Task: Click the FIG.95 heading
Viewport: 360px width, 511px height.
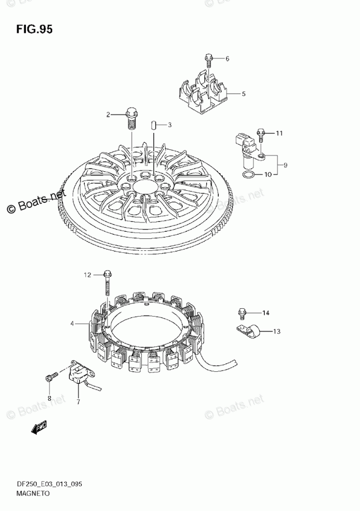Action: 34,29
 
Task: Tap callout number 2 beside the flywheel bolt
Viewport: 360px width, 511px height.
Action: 109,115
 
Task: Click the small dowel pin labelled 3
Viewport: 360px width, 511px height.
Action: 154,125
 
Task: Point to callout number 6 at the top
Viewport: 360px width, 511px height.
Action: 227,59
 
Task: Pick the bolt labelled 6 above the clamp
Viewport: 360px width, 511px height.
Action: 208,60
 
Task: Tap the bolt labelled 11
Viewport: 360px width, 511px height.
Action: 262,136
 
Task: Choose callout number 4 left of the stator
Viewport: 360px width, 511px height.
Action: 73,324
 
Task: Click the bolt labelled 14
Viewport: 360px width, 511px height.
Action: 242,313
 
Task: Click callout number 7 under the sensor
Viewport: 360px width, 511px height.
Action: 79,401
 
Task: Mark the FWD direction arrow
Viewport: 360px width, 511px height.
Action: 38,427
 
